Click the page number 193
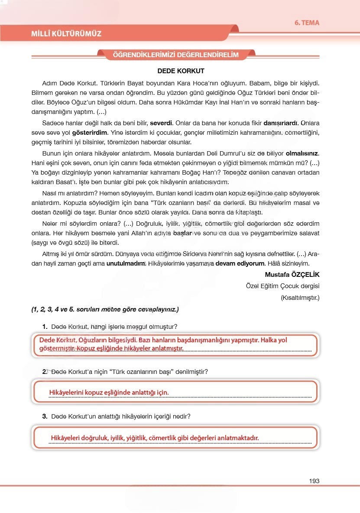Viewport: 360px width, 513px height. tap(314, 481)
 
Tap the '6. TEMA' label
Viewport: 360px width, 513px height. tap(307, 23)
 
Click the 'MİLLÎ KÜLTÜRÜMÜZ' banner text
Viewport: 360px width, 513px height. tap(66, 33)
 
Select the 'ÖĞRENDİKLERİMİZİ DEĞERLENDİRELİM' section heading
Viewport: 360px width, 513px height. tap(175, 55)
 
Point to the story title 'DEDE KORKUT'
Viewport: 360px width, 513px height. tap(181, 71)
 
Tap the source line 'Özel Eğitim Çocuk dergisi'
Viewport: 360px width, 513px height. tap(282, 286)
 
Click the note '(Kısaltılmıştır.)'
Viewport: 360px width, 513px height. tap(300, 298)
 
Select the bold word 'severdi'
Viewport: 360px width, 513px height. tap(161, 122)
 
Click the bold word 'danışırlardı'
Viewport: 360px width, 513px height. tap(280, 122)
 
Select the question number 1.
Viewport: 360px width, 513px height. tap(45, 326)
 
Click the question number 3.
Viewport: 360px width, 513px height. tap(45, 416)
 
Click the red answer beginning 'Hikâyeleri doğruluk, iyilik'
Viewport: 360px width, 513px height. tap(155, 438)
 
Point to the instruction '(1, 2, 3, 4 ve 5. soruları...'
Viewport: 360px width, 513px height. tap(104, 310)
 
